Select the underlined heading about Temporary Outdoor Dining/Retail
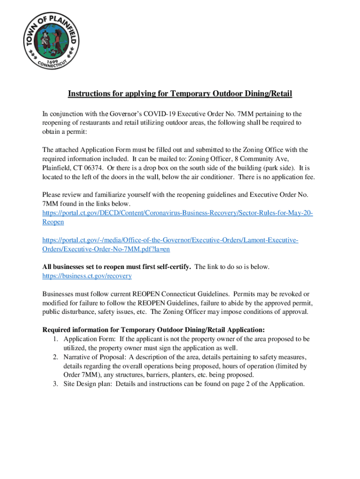click(x=180, y=94)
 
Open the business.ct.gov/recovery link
click(x=87, y=276)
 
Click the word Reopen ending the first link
click(x=53, y=222)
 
